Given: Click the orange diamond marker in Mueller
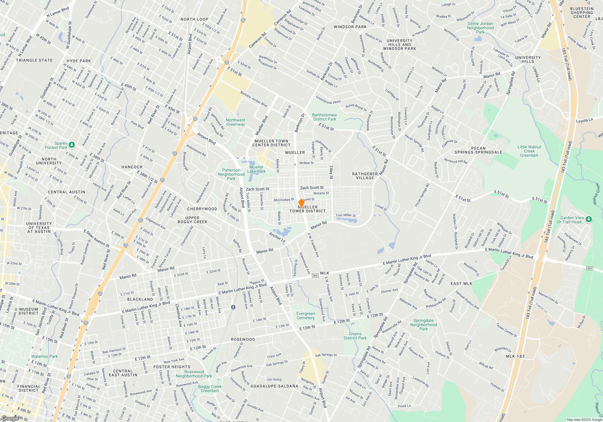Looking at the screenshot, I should pos(301,203).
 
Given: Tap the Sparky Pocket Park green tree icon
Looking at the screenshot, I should pos(72,145).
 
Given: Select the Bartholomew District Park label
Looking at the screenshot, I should pos(324,117).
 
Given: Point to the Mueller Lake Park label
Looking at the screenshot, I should pos(256,169).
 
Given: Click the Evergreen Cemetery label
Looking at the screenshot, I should pos(305,316).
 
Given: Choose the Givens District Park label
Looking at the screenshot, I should pos(355,336).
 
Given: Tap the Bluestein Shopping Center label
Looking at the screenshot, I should pos(582,13).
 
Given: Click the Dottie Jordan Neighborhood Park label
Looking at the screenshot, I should pos(480,28).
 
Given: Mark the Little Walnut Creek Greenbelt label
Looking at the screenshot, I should pos(529,151).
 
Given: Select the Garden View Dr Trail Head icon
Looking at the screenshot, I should pos(589,219).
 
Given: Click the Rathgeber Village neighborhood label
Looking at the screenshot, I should pos(365,176).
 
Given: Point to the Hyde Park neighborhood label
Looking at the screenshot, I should pos(79,61).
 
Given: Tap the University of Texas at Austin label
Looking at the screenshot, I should pos(39,228).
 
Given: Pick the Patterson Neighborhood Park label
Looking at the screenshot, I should pos(231,174).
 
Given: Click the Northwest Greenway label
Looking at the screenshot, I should pos(235,122).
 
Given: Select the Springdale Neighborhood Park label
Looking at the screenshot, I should pos(423,325).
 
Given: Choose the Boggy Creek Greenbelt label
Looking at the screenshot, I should pos(210,389).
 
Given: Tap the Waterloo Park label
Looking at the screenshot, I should pos(45,356).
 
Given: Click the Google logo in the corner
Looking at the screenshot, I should pos(10,418).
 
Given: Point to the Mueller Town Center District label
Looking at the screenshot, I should pos(271,143).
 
